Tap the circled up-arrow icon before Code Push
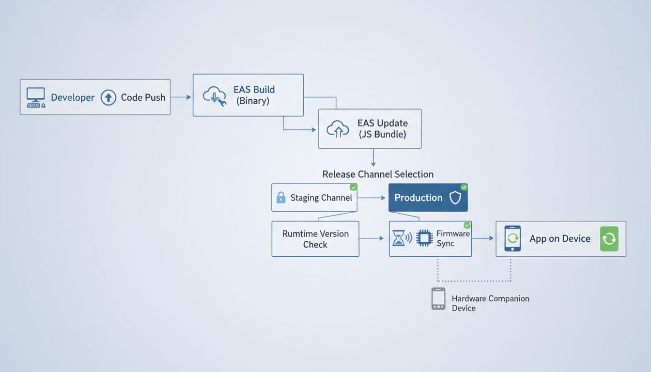click(x=108, y=97)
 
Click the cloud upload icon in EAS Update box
click(x=338, y=128)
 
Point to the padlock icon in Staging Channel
click(x=280, y=198)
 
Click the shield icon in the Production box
click(x=455, y=198)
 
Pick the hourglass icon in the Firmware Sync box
click(x=398, y=238)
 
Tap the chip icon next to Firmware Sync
click(x=424, y=238)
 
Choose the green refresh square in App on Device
click(x=609, y=239)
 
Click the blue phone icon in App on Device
click(x=512, y=238)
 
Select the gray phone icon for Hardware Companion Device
click(x=438, y=299)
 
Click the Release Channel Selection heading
click(x=378, y=174)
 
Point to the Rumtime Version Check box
click(x=315, y=239)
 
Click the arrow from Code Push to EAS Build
click(x=181, y=97)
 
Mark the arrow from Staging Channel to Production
click(x=372, y=198)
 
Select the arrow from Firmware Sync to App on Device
click(x=483, y=238)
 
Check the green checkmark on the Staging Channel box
click(x=354, y=187)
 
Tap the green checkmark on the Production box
click(x=464, y=187)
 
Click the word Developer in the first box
click(x=73, y=97)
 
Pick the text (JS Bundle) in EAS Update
click(x=382, y=134)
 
